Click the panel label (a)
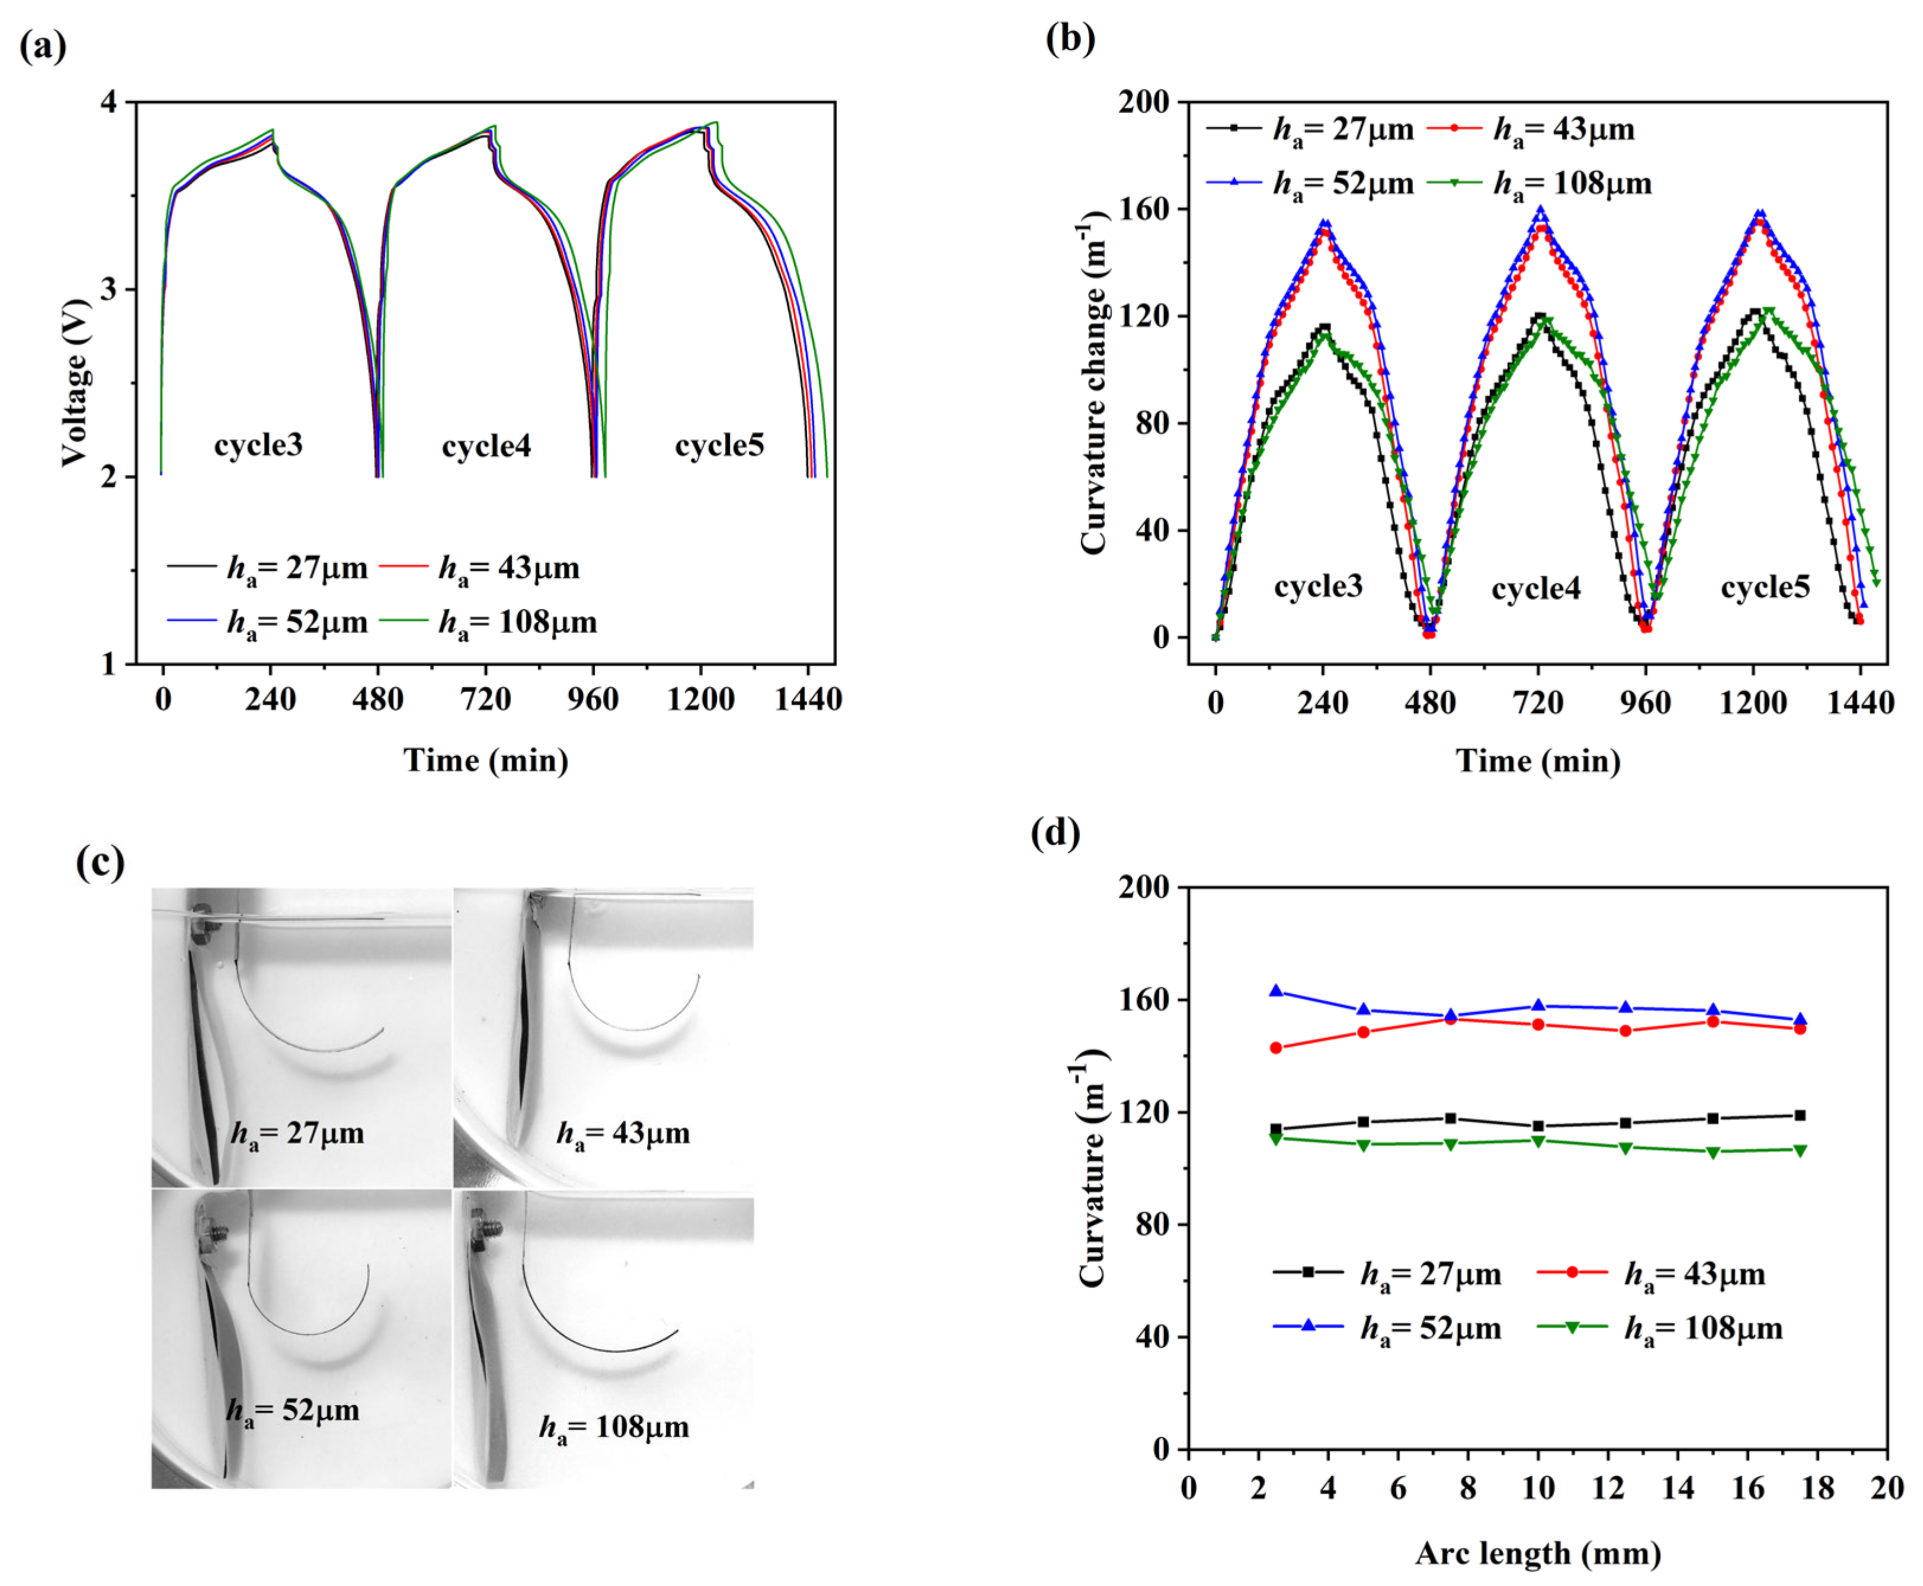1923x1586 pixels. pos(43,46)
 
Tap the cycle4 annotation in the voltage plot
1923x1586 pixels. pos(486,446)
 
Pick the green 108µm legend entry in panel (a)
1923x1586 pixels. pos(517,623)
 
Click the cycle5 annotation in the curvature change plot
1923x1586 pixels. pos(1764,587)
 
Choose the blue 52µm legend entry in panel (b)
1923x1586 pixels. pos(1343,184)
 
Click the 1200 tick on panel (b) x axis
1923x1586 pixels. pos(1752,702)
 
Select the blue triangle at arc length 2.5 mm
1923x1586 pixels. pos(1276,991)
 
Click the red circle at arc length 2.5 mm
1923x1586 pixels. pos(1276,1048)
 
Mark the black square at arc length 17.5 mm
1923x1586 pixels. pos(1800,1115)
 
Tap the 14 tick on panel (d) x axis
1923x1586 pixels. pos(1677,1488)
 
